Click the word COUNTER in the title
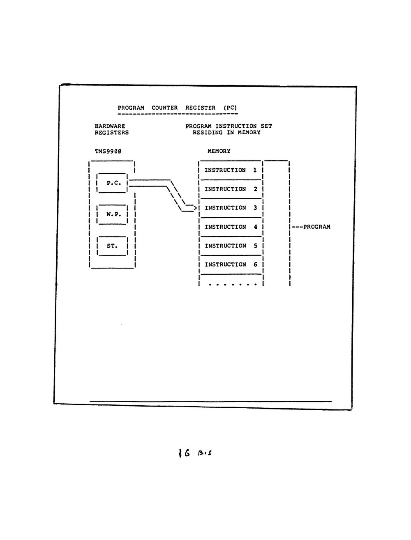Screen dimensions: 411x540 point(164,108)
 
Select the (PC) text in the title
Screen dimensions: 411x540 point(230,108)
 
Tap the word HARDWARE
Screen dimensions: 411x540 point(110,126)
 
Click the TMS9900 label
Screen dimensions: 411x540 point(108,151)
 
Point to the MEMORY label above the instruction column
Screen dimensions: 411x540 point(219,151)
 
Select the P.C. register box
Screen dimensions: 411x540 point(112,183)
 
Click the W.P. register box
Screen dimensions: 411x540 point(112,214)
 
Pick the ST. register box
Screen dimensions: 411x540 point(112,246)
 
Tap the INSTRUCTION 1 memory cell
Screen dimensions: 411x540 point(231,170)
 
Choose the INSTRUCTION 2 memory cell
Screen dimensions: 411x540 point(231,189)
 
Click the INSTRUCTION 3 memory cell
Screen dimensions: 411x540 point(231,208)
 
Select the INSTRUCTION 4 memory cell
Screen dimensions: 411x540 point(231,227)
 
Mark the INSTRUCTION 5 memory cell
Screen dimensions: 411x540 point(231,246)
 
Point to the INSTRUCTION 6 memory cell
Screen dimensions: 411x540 point(231,265)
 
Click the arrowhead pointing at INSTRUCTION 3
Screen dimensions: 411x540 point(195,208)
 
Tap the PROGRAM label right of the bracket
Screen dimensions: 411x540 point(317,227)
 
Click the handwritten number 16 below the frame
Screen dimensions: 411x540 point(185,453)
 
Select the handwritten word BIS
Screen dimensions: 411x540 point(205,453)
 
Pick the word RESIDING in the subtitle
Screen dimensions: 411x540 point(208,133)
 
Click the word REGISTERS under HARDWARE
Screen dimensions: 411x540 point(112,133)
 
